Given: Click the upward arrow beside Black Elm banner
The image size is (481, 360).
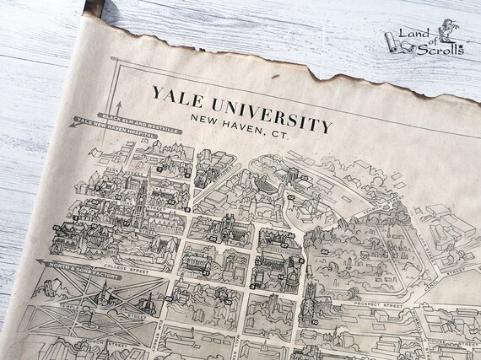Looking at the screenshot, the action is pos(119,107).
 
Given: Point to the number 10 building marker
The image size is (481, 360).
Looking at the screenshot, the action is pos(314,321).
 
